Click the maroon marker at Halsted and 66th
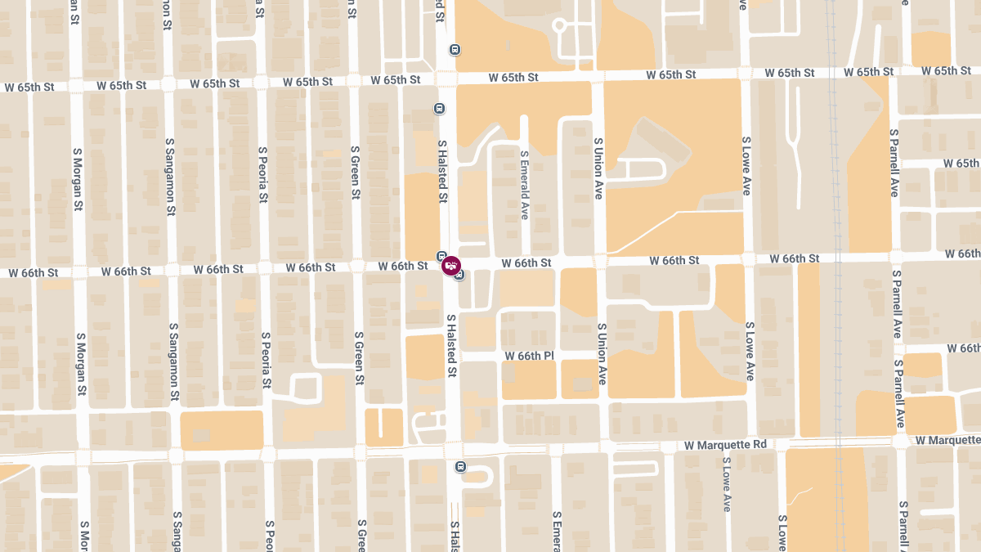point(450,266)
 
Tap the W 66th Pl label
point(529,357)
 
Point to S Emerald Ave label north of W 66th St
point(524,185)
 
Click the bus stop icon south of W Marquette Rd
point(460,467)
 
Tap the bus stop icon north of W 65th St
point(455,49)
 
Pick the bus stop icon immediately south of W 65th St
point(440,108)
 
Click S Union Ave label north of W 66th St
point(598,168)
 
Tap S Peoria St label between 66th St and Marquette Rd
point(266,360)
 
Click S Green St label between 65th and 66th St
point(356,173)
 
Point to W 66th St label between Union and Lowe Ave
point(674,260)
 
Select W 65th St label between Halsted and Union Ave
point(513,77)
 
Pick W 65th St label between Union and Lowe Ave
point(670,74)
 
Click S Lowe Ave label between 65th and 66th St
point(746,165)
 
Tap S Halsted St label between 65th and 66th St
point(442,171)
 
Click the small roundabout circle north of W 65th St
point(559,25)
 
